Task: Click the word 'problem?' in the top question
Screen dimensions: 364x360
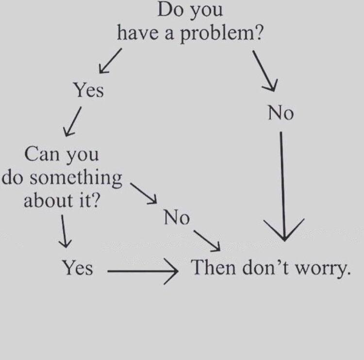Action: click(221, 33)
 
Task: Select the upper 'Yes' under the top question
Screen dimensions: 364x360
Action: click(88, 90)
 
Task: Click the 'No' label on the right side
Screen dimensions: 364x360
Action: click(281, 113)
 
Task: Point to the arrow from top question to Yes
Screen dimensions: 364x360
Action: click(110, 61)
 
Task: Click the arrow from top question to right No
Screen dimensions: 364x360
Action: click(265, 70)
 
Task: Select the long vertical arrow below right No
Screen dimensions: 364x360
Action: click(283, 187)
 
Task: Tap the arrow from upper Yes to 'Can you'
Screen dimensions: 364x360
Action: click(72, 121)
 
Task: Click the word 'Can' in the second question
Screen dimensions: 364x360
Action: click(42, 154)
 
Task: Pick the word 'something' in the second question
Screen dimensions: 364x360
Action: click(76, 178)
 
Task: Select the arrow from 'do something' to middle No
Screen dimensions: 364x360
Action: click(144, 193)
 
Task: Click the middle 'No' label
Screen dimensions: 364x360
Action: click(177, 217)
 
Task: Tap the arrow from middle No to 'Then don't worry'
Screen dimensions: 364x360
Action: click(207, 241)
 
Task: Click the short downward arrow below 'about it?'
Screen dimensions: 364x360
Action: click(64, 231)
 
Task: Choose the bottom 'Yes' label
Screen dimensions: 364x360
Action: click(77, 267)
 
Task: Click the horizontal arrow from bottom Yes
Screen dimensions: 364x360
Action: click(143, 271)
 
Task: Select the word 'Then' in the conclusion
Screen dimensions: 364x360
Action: click(213, 267)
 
